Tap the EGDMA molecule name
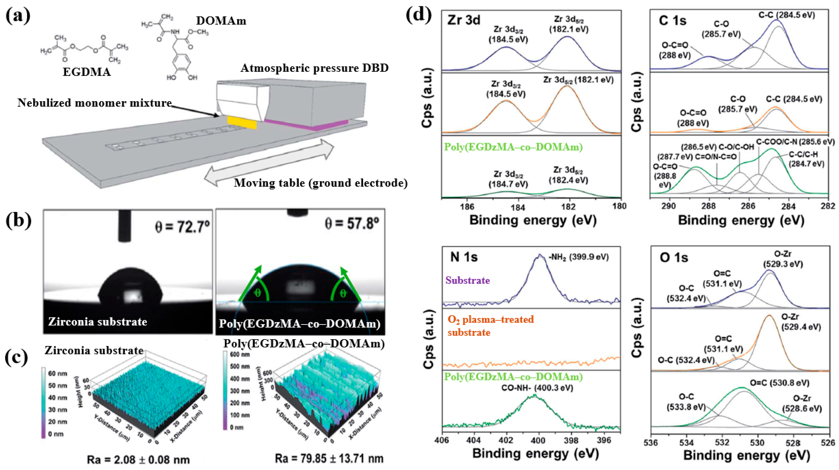[x=87, y=72]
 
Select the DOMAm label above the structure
[x=221, y=21]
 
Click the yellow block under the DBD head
[x=242, y=123]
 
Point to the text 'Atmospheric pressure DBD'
[x=314, y=68]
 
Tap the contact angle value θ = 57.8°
[x=352, y=224]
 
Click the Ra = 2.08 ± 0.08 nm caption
[x=138, y=459]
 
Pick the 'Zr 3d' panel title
[x=464, y=20]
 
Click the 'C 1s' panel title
[x=672, y=21]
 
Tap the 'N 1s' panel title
[x=464, y=257]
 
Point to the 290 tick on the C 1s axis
[x=668, y=206]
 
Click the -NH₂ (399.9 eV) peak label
[x=578, y=257]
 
